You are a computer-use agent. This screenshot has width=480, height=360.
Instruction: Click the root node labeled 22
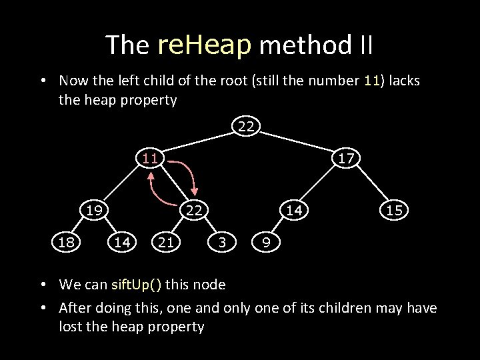246,125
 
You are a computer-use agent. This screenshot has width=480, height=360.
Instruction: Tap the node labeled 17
345,159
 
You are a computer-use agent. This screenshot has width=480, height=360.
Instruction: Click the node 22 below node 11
194,211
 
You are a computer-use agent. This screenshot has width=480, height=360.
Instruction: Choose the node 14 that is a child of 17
293,211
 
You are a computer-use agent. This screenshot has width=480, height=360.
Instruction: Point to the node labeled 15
394,211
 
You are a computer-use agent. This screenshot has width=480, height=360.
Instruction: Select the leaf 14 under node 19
121,242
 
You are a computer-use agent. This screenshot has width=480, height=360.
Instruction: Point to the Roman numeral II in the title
366,45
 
